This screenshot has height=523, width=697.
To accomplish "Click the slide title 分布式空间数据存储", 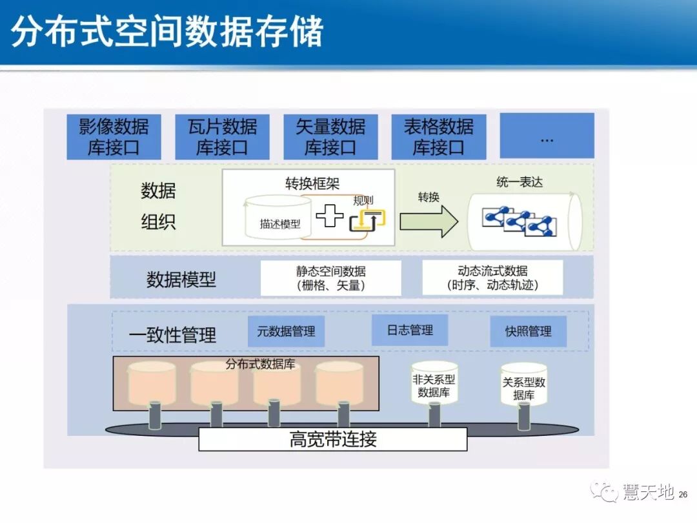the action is tap(167, 32).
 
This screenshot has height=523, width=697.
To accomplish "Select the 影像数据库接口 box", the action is tap(114, 137).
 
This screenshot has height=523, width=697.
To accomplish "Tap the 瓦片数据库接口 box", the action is tap(222, 137).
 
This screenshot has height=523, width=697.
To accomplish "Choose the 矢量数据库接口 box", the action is tap(330, 137).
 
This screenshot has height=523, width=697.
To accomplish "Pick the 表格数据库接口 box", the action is tap(439, 137).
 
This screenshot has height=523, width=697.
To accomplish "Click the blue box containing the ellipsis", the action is tap(547, 136).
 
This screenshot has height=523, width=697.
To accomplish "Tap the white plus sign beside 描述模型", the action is tap(330, 215).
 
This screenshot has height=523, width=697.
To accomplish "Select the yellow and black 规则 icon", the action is tap(367, 220).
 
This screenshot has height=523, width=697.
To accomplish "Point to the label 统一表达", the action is tap(520, 182).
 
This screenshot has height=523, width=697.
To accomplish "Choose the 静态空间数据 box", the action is tap(330, 278).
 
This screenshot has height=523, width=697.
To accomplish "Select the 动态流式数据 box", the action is tap(492, 278).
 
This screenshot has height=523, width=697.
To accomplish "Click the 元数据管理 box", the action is tap(286, 332).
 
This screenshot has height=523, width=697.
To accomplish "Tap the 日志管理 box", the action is tap(410, 331).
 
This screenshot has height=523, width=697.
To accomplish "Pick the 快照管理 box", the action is tap(528, 332).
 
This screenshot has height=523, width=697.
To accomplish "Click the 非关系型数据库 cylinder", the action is tap(434, 383).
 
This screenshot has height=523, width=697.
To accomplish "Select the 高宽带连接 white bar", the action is tap(332, 440).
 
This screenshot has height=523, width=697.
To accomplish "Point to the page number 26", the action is tap(683, 495).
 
